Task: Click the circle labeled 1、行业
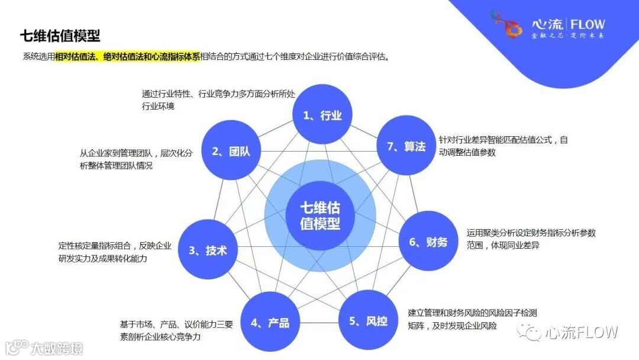point(322,115)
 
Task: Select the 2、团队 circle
point(231,150)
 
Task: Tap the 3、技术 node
point(208,250)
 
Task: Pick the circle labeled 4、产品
point(270,322)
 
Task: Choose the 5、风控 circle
point(368,320)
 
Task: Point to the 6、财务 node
point(428,241)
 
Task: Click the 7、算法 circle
point(406,146)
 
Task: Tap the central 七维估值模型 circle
point(319,216)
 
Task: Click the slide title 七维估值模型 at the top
point(60,36)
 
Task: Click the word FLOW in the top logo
point(588,24)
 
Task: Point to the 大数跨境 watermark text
point(57,348)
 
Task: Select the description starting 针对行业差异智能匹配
point(503,146)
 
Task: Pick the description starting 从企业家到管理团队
point(136,159)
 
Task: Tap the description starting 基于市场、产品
point(176,330)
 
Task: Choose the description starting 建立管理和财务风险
point(472,319)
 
